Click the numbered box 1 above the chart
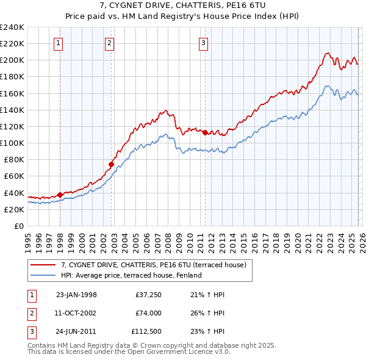58,43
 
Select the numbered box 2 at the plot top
109,43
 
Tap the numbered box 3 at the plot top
203,43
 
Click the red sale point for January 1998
60,195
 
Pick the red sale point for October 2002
111,164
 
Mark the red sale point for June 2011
205,132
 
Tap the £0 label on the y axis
18,226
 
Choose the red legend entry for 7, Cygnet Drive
153,265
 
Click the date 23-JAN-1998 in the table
76,295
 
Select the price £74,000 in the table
148,312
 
